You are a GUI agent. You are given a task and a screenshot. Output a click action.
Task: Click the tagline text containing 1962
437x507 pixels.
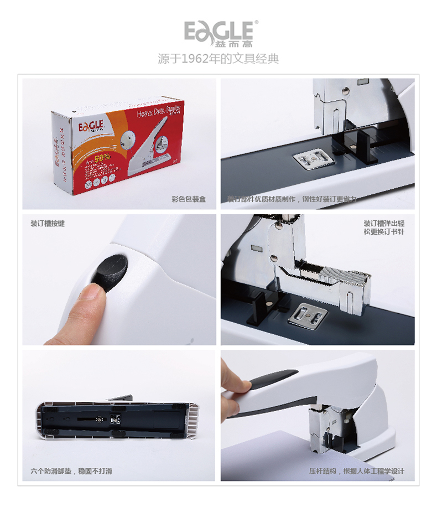218,58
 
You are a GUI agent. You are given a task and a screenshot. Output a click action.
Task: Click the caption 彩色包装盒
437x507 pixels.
189,199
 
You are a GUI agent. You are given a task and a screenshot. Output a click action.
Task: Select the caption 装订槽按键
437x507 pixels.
48,224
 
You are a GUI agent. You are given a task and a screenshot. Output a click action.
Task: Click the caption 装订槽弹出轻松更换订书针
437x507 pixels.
383,227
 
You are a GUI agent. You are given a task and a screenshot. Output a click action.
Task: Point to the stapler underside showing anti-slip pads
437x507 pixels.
119,421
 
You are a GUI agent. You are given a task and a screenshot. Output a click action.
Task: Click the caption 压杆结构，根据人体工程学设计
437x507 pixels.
357,471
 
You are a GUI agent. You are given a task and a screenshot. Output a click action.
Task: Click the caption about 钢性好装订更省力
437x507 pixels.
292,199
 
